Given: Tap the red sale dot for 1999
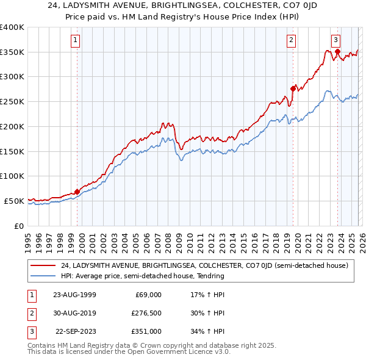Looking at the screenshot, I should [77, 191].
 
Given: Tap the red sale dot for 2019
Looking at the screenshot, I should [293, 88].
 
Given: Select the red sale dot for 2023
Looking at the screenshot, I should [337, 51].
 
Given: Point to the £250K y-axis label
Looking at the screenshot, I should [12, 102].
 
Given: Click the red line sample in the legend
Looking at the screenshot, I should [43, 265].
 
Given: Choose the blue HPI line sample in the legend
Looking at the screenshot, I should [43, 276].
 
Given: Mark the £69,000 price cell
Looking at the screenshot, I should [147, 295].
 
